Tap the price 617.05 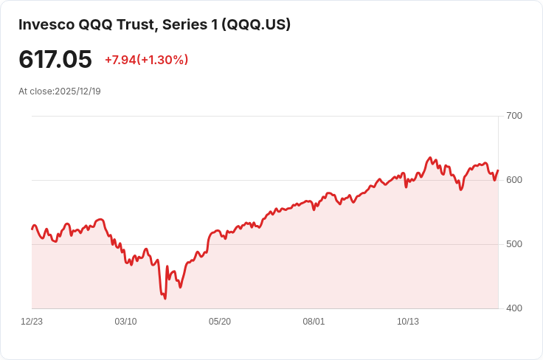[55, 60]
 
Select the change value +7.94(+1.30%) [146, 60]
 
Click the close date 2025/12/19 [77, 91]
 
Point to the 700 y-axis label [514, 116]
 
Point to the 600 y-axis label [514, 180]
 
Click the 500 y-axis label [514, 244]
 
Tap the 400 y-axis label [514, 308]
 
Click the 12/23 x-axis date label [32, 322]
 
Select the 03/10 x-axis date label [125, 322]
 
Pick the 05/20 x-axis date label [220, 322]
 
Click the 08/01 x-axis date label [314, 322]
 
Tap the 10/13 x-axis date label [408, 322]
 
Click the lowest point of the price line [165, 299]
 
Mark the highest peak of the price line [430, 158]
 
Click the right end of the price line [498, 170]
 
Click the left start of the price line [32, 229]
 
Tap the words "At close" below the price [35, 91]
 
